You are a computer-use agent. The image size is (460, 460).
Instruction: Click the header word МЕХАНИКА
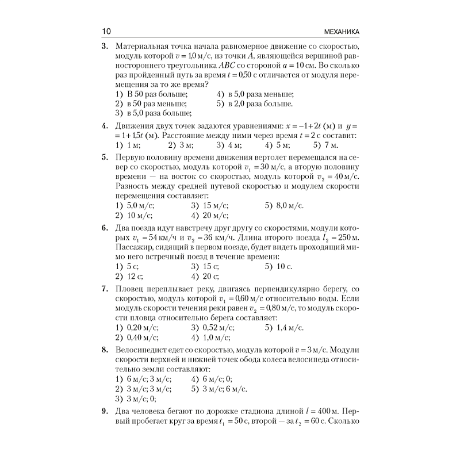[333, 31]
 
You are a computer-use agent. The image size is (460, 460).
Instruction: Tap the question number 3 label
[105, 46]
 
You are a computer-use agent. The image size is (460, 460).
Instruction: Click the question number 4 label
[105, 126]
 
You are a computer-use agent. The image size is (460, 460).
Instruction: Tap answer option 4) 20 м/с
[209, 216]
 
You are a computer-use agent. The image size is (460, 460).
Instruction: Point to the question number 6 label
[105, 228]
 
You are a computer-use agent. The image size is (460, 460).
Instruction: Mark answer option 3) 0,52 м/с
[212, 328]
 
